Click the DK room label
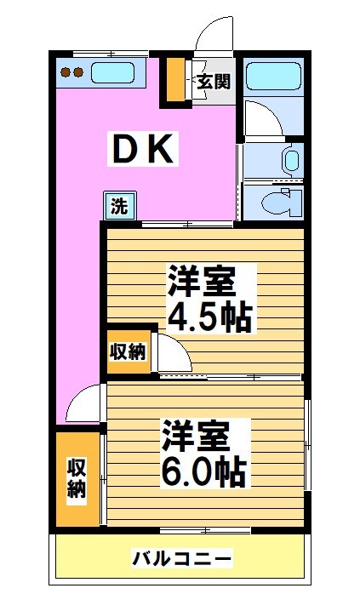pyautogui.click(x=144, y=151)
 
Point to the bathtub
pyautogui.click(x=272, y=77)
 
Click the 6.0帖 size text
pyautogui.click(x=205, y=469)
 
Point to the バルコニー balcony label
pyautogui.click(x=181, y=559)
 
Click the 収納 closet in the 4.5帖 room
pyautogui.click(x=128, y=351)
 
